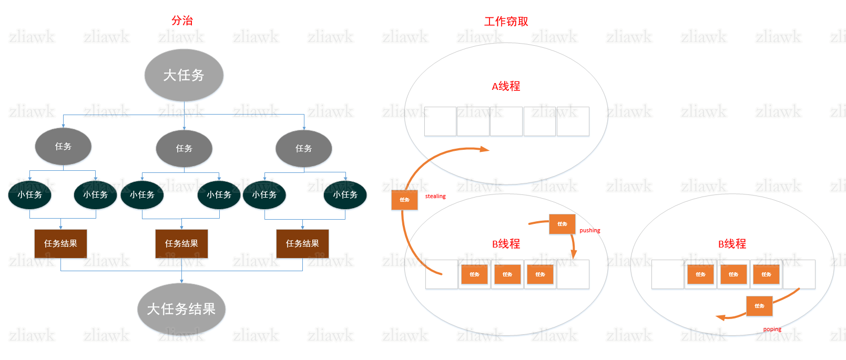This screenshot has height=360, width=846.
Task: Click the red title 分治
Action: pos(182,20)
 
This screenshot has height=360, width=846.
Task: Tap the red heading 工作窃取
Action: pos(506,22)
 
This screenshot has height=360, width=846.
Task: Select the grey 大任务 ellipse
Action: pos(184,75)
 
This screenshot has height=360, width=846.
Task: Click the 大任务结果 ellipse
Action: pos(181,309)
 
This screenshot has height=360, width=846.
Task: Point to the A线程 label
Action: pos(506,86)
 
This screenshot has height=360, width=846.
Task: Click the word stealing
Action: pos(435,197)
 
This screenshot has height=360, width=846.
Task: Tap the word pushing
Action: pos(589,231)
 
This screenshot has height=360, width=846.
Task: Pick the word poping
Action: pos(772,330)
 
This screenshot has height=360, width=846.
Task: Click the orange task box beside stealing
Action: pos(404,200)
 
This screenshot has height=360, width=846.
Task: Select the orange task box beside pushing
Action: pos(562,224)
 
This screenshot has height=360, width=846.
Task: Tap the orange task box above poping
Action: pos(759,306)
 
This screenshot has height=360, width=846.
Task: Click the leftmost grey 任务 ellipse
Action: pos(63,147)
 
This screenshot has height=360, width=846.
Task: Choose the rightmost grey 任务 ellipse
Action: pos(303,149)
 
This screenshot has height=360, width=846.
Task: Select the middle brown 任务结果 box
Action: pos(181,243)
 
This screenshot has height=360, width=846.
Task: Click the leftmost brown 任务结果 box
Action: pos(60,243)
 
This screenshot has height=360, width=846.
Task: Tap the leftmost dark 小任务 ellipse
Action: pos(29,195)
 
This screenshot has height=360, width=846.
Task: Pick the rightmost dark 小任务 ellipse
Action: pos(345,195)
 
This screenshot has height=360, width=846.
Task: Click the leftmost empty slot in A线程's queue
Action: pos(440,121)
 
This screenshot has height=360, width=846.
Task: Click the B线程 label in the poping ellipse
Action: pos(732,244)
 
